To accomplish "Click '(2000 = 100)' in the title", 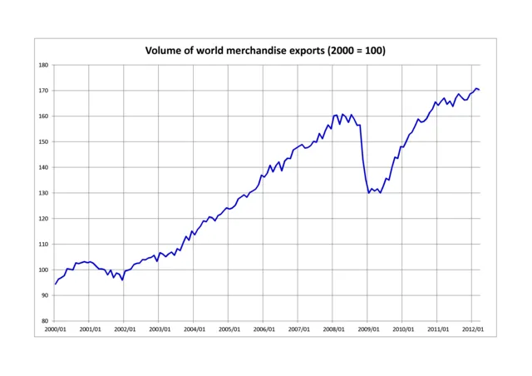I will [356, 51].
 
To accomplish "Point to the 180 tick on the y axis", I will [44, 65].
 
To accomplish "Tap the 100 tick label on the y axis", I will [44, 270].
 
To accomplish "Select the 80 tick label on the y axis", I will [46, 321].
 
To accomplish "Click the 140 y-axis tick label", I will [44, 167].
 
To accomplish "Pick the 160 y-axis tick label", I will [44, 116].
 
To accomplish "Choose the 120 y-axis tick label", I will [44, 219].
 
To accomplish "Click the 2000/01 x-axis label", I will [56, 330].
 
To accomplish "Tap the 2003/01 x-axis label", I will [160, 330].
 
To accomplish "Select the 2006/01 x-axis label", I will [264, 330].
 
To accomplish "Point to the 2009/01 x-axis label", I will [367, 330].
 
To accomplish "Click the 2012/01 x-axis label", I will [471, 330].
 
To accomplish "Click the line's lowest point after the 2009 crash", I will [368, 193].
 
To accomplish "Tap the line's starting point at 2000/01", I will [56, 284].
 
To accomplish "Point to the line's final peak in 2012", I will [476, 88].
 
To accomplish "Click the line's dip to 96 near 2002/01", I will [122, 280].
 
